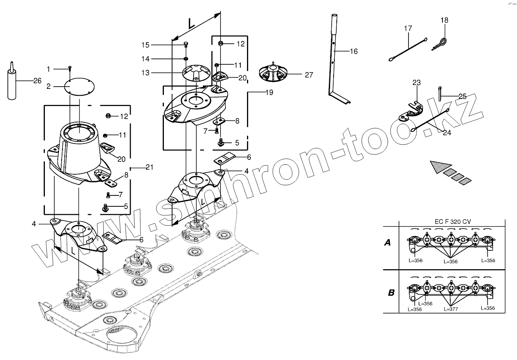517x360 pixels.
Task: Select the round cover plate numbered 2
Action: [x=79, y=87]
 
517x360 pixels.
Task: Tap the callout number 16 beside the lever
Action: [x=354, y=51]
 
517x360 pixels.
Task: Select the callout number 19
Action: [x=269, y=92]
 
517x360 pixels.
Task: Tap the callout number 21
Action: [x=149, y=167]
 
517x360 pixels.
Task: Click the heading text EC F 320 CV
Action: [x=453, y=222]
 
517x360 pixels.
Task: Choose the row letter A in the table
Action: [x=387, y=243]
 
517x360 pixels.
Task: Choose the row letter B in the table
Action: [x=391, y=293]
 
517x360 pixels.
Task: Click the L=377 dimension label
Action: [x=451, y=309]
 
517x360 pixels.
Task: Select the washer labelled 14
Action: [x=186, y=59]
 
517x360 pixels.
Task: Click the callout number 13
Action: [x=146, y=73]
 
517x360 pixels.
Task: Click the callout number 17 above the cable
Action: [x=408, y=28]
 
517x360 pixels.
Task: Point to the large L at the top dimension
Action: [x=191, y=23]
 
